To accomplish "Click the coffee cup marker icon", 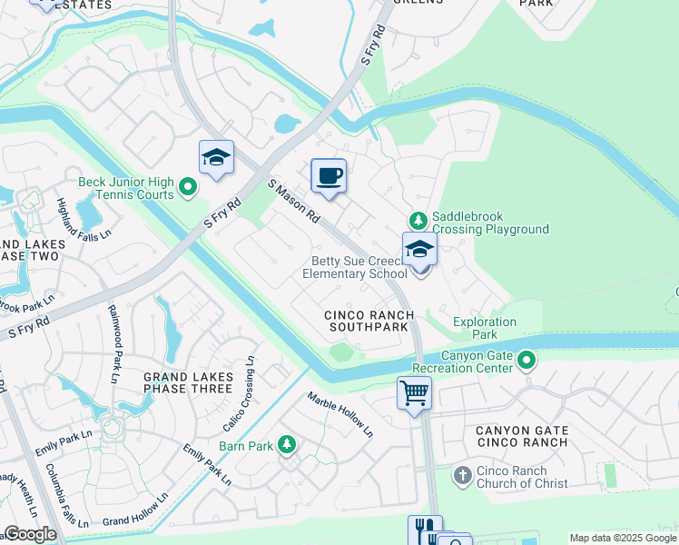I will [329, 175].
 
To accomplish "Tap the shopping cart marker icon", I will [414, 393].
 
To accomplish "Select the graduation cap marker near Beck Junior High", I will [216, 158].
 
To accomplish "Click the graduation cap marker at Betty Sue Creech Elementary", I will [419, 249].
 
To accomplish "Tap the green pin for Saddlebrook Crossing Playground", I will [418, 220].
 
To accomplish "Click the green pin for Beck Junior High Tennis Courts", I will [188, 188].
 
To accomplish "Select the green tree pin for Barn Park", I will [287, 444].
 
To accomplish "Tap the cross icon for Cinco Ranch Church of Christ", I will [462, 475].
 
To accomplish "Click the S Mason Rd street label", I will [294, 203].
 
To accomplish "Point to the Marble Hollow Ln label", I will [339, 414].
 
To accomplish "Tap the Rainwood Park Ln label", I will [116, 336].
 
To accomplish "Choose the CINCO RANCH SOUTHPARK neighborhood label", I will [370, 321].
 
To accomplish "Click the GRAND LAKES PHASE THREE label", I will [189, 383].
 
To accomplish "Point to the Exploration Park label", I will [485, 329].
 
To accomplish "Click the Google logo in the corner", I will [29, 534].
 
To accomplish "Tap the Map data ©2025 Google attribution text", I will [622, 538].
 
